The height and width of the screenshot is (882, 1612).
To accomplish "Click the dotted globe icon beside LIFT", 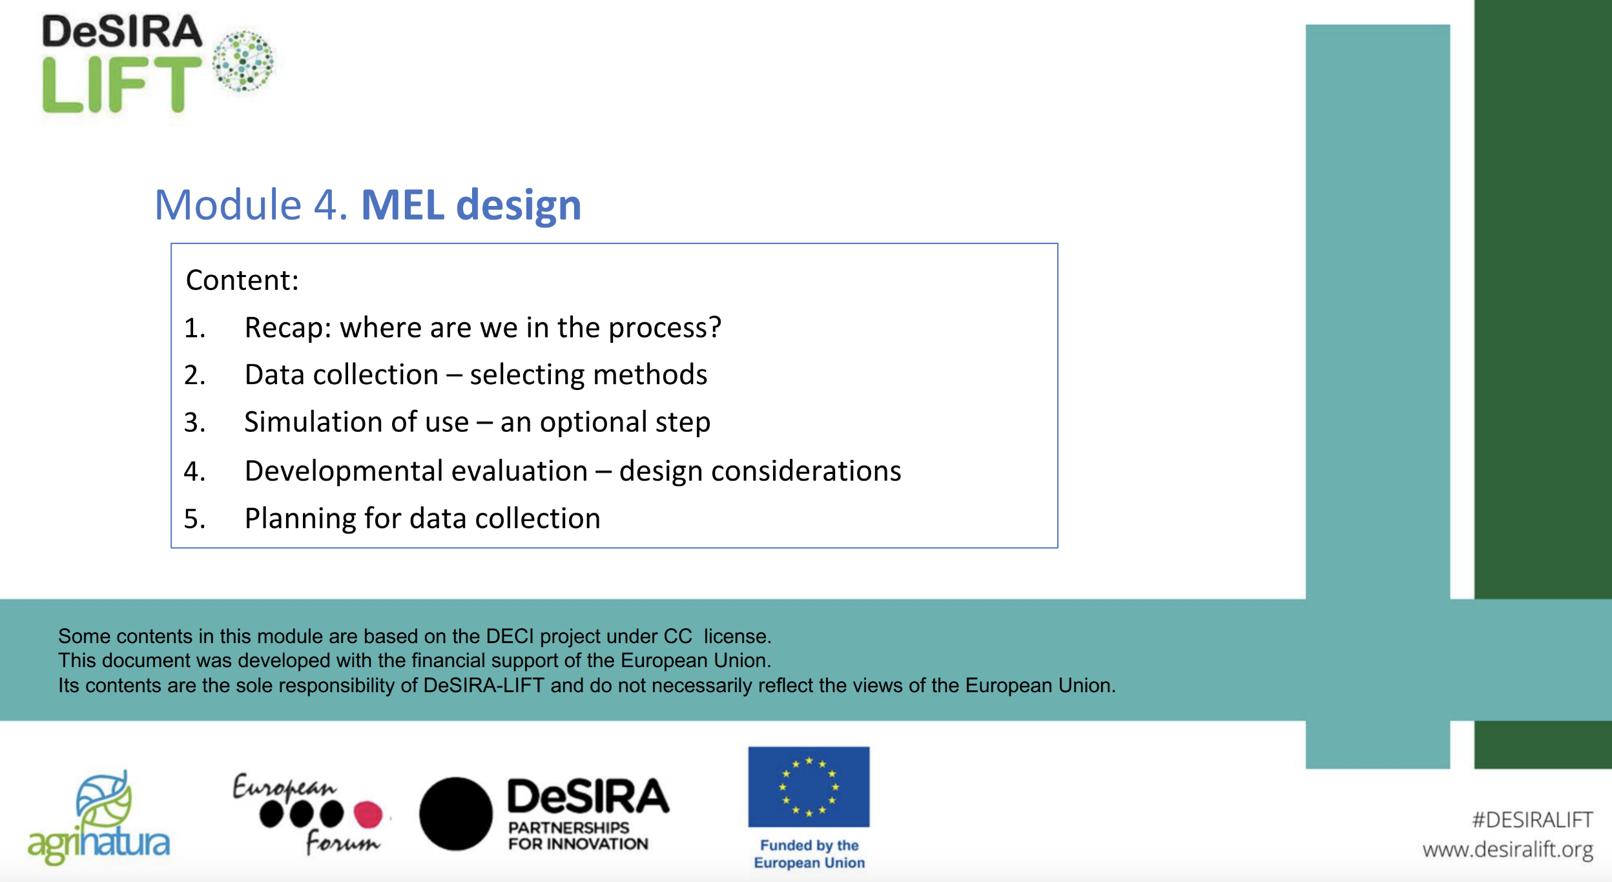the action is point(243,61).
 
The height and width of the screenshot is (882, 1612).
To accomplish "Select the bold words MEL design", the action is point(471,205).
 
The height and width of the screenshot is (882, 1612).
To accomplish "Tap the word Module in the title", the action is point(229,205).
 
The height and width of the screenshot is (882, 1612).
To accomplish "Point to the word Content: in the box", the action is point(242,280).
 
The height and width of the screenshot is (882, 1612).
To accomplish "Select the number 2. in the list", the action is point(195,375).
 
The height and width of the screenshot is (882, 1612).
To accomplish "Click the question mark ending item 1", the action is point(714,327).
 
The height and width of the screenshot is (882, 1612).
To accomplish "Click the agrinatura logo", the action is point(99,817).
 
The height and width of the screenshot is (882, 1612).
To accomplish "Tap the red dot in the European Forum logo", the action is point(368,814).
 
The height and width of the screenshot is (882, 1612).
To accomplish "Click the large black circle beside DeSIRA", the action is point(456,814).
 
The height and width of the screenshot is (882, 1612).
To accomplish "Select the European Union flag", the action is point(809,787).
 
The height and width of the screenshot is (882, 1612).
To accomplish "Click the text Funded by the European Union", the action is point(809,854).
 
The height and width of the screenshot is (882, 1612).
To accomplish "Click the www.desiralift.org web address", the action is point(1507,849).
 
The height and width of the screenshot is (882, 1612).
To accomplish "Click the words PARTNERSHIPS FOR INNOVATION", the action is point(578,836).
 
